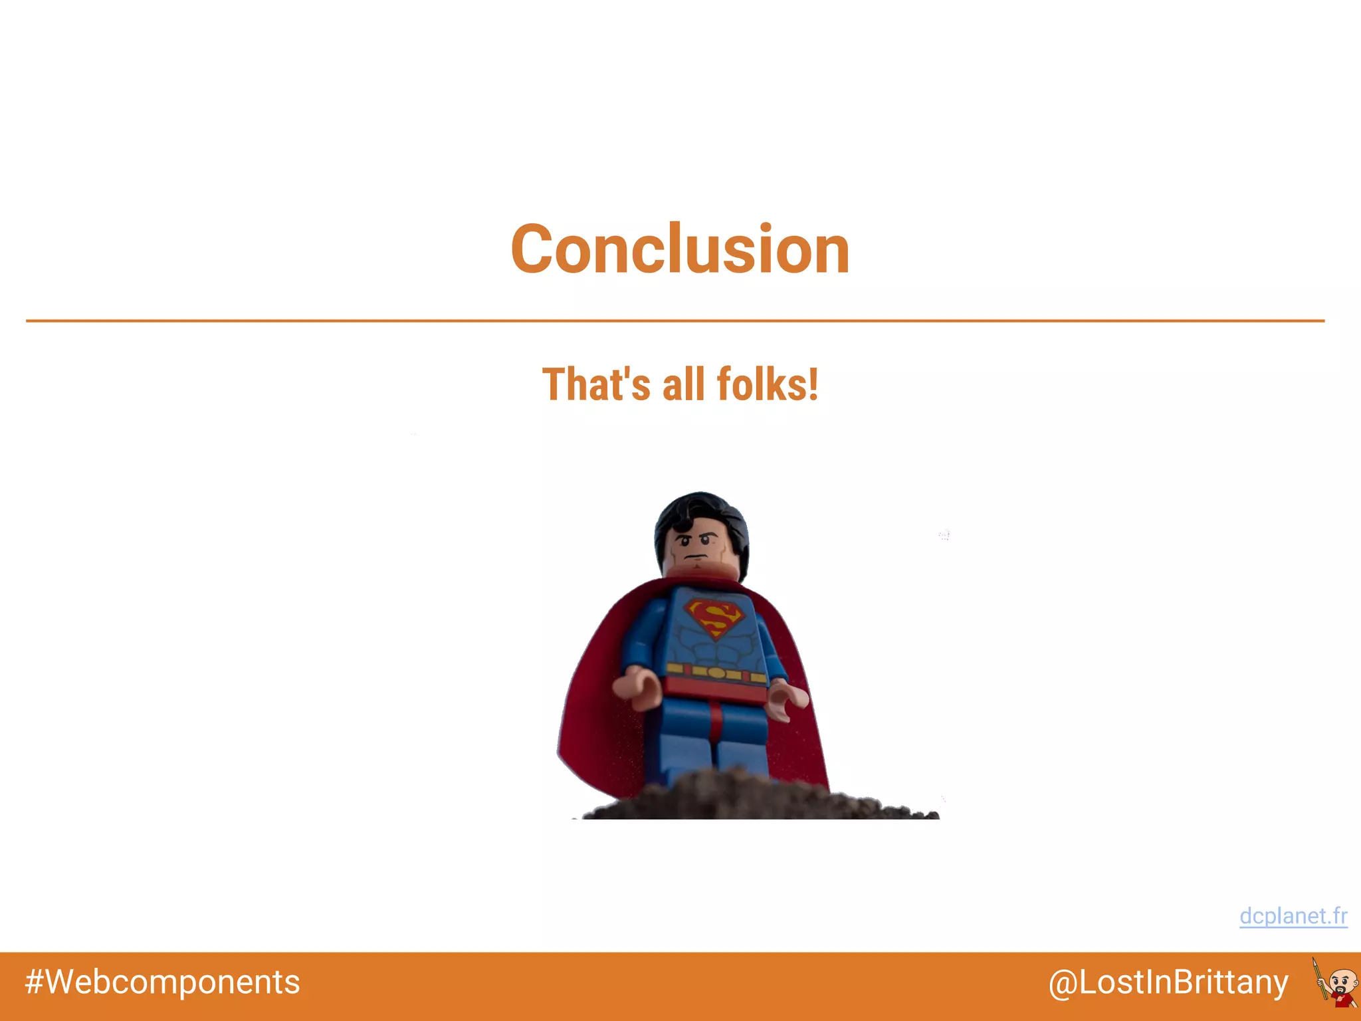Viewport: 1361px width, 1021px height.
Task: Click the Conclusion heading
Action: pyautogui.click(x=680, y=249)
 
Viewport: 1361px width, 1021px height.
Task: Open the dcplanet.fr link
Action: pyautogui.click(x=1293, y=916)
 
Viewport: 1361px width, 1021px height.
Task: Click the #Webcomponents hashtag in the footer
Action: pyautogui.click(x=162, y=982)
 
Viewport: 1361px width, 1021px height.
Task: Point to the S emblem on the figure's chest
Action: pyautogui.click(x=714, y=617)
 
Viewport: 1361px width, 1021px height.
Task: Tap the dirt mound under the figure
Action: pyautogui.click(x=758, y=798)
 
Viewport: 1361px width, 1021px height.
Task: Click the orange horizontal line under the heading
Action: pyautogui.click(x=675, y=321)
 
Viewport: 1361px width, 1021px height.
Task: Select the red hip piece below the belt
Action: pyautogui.click(x=715, y=690)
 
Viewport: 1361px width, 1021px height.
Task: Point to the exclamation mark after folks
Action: pyautogui.click(x=813, y=385)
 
